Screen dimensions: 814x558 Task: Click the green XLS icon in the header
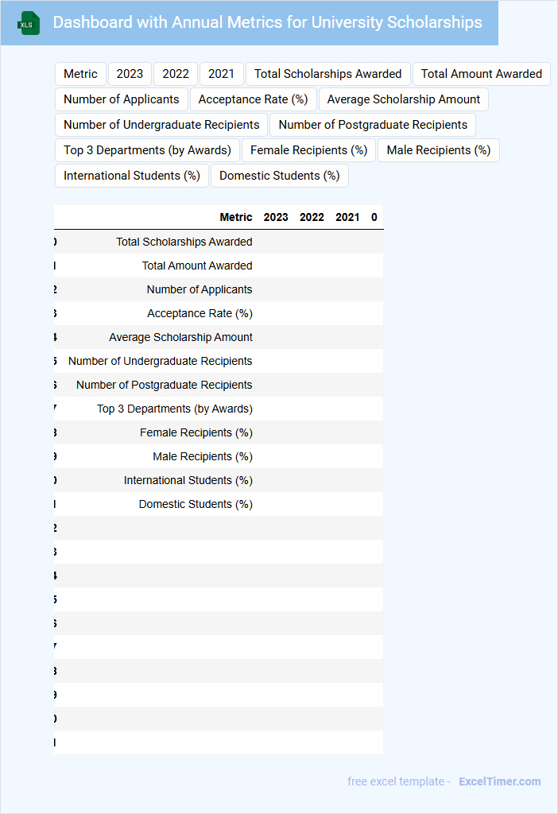click(x=29, y=24)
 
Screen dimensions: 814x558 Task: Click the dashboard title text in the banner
click(x=267, y=22)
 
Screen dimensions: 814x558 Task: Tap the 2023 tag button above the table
click(x=130, y=74)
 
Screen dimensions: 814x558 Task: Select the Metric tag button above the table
click(x=80, y=74)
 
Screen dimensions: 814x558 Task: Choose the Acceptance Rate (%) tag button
click(x=253, y=99)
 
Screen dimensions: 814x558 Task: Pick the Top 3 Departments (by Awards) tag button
click(x=147, y=150)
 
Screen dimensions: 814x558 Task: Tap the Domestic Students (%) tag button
click(x=279, y=176)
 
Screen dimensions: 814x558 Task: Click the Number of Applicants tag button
click(x=122, y=99)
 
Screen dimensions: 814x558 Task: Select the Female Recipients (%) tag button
click(x=308, y=150)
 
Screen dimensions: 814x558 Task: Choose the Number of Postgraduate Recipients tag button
click(x=373, y=125)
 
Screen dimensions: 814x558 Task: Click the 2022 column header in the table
click(x=312, y=217)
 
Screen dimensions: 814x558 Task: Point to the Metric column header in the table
click(x=236, y=217)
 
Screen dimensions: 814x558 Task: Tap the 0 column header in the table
click(x=374, y=217)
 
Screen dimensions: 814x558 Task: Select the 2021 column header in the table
click(x=347, y=217)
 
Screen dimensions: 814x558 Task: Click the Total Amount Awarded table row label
click(x=197, y=266)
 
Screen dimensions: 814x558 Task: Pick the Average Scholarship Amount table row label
click(x=180, y=337)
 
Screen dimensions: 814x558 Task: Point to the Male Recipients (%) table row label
click(x=203, y=456)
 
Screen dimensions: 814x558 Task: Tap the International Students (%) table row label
click(x=188, y=480)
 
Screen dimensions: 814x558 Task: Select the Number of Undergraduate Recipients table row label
click(x=160, y=361)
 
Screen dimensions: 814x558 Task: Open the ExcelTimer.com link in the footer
click(x=499, y=781)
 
